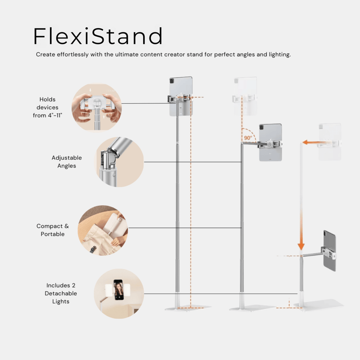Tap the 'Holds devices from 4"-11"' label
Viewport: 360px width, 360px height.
48,107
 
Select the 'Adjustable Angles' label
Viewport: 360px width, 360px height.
66,162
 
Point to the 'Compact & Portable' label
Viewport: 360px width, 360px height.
52,230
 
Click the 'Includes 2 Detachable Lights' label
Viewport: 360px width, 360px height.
60,293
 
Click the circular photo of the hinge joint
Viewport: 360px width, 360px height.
119,162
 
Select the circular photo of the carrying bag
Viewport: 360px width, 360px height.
102,230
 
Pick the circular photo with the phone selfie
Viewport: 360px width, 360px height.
119,293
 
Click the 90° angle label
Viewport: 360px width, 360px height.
248,138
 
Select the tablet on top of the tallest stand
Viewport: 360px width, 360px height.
181,96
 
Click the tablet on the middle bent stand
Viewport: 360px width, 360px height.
270,142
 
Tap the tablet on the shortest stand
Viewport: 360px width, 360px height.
330,250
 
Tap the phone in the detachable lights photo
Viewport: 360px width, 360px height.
119,289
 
